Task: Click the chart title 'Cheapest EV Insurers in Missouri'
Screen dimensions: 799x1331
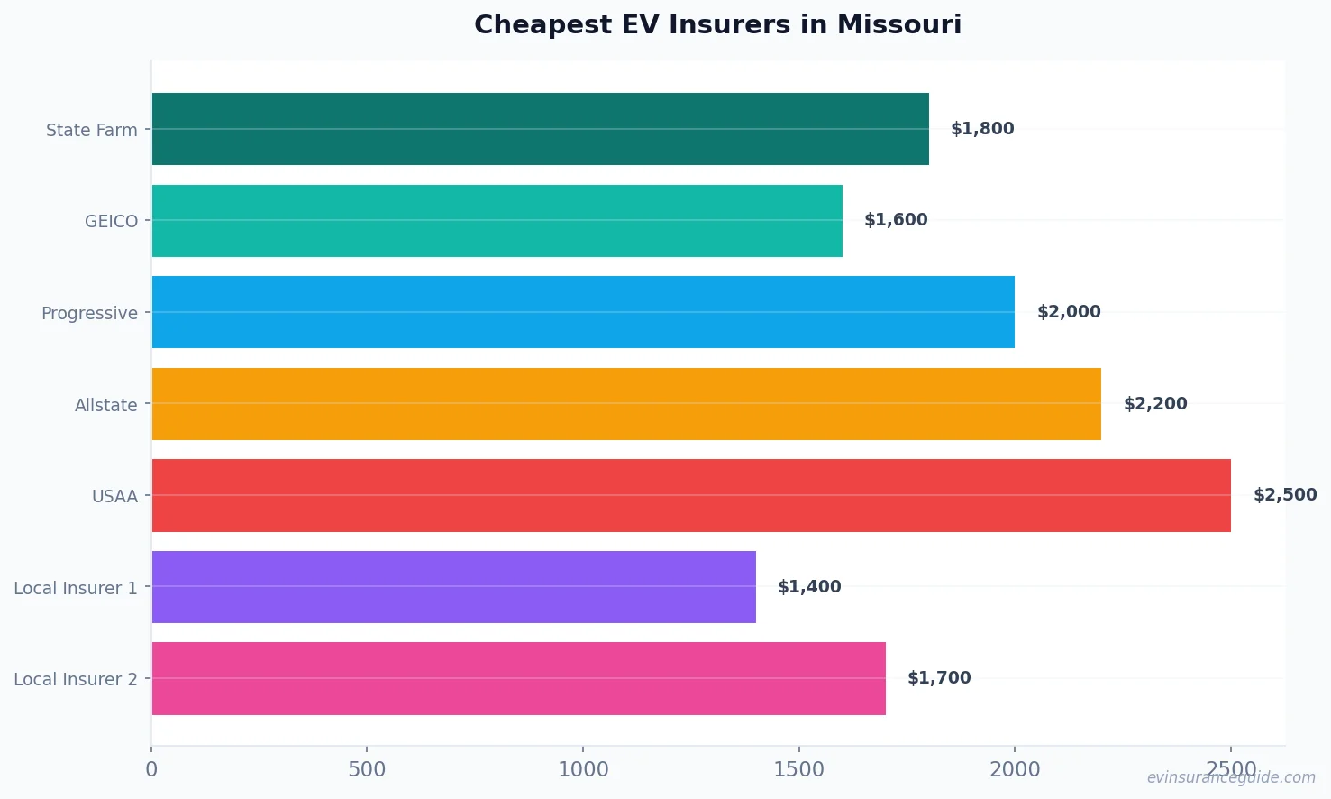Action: pyautogui.click(x=717, y=24)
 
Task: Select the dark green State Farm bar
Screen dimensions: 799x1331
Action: pyautogui.click(x=540, y=129)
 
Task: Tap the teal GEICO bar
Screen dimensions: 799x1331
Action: pyautogui.click(x=497, y=221)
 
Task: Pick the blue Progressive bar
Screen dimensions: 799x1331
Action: pyautogui.click(x=583, y=312)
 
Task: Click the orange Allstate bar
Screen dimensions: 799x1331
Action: pyautogui.click(x=626, y=404)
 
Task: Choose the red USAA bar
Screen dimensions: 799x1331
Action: pyautogui.click(x=691, y=495)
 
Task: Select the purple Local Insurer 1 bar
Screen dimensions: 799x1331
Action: pyautogui.click(x=453, y=587)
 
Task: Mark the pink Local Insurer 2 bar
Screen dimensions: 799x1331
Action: pyautogui.click(x=518, y=678)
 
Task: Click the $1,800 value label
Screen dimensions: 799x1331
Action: pyautogui.click(x=982, y=129)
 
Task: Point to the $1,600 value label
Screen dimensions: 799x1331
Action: pyautogui.click(x=896, y=220)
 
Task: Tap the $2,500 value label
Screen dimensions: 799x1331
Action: pyautogui.click(x=1285, y=495)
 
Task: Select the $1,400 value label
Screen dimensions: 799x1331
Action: pyautogui.click(x=809, y=587)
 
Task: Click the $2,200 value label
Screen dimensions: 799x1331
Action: pyautogui.click(x=1155, y=404)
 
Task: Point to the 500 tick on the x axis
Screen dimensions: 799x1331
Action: pyautogui.click(x=367, y=769)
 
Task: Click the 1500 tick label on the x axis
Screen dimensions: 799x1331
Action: pyautogui.click(x=798, y=769)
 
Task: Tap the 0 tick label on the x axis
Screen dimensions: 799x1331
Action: pyautogui.click(x=151, y=769)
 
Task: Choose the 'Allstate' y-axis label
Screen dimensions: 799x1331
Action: pyautogui.click(x=106, y=405)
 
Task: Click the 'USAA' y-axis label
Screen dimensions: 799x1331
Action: pyautogui.click(x=114, y=496)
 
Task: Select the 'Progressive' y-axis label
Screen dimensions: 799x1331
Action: pyautogui.click(x=89, y=313)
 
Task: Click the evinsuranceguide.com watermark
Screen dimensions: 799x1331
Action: pyautogui.click(x=1231, y=777)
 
